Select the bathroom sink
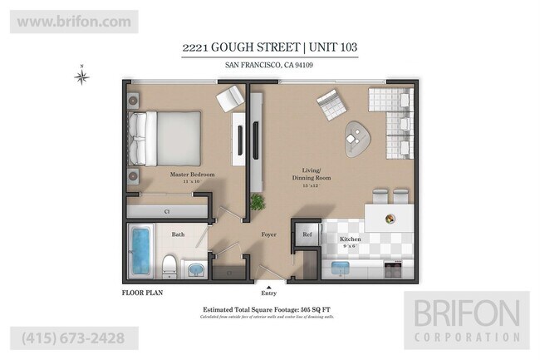pos(195,270)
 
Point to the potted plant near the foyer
pos(258,202)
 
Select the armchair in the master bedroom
pos(230,101)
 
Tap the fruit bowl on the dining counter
pos(389,218)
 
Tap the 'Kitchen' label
pos(350,239)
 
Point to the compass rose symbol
pos(81,77)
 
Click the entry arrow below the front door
pos(268,285)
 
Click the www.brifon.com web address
pos(73,21)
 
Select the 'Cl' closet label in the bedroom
pos(167,212)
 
